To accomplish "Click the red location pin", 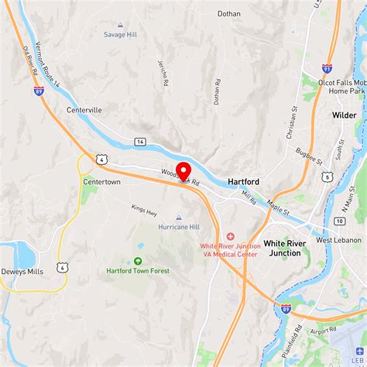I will (x=183, y=171).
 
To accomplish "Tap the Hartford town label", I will (x=243, y=181).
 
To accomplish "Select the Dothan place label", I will (x=228, y=13).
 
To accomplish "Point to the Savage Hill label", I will (x=120, y=34).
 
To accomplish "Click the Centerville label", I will (x=84, y=110).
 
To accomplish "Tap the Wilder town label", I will (x=345, y=115).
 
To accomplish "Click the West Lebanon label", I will (x=338, y=240).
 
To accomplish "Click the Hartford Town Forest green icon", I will (x=138, y=261).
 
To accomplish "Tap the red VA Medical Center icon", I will (x=230, y=236).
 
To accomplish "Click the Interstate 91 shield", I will (x=328, y=69).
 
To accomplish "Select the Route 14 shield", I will (x=139, y=142).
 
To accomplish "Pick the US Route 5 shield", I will (x=327, y=177).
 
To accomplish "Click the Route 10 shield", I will (x=339, y=221).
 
